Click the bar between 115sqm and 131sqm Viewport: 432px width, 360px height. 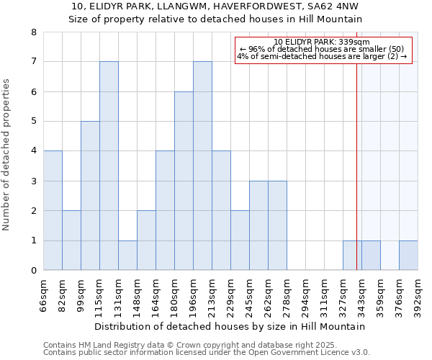pos(109,166)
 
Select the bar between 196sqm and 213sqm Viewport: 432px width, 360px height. pos(202,166)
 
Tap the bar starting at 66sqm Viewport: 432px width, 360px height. pos(53,210)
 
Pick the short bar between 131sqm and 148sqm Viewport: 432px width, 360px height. pos(127,255)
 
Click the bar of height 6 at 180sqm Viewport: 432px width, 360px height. pos(184,181)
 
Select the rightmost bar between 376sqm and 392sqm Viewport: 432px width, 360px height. pos(408,255)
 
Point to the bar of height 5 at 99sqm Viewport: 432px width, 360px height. pos(90,196)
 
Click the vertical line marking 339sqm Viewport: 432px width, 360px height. pos(356,151)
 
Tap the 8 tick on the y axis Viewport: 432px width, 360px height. pos(33,32)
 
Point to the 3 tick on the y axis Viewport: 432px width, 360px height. pos(33,181)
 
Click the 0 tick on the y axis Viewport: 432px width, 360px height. pos(33,270)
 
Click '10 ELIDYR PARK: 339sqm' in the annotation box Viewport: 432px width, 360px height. pos(322,42)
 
